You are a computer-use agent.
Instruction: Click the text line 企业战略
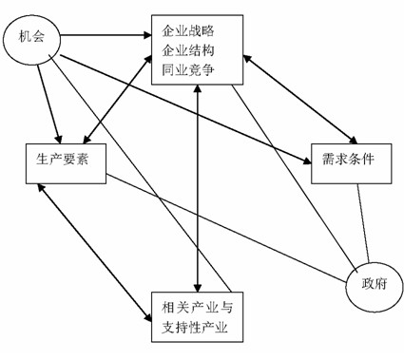(x=188, y=31)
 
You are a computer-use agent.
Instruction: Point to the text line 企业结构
(x=188, y=50)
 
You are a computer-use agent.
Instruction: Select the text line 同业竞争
(x=188, y=70)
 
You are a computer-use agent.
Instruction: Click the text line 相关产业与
(x=197, y=308)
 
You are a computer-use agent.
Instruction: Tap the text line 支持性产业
(x=195, y=327)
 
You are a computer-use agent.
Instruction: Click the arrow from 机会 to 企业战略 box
(x=106, y=35)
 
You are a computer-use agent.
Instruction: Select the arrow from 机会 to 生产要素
(x=48, y=104)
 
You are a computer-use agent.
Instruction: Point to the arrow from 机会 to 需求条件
(x=185, y=109)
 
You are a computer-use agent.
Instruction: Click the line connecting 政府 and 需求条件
(x=363, y=223)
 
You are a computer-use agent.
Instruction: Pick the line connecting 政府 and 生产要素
(x=226, y=228)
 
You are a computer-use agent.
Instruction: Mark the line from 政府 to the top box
(x=295, y=178)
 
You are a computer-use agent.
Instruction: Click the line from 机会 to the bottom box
(x=140, y=173)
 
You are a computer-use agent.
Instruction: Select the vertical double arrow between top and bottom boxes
(x=198, y=188)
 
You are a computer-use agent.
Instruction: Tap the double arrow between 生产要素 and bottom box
(x=94, y=253)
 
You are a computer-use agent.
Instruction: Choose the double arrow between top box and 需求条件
(x=300, y=99)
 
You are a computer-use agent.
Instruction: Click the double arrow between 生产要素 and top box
(x=117, y=99)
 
